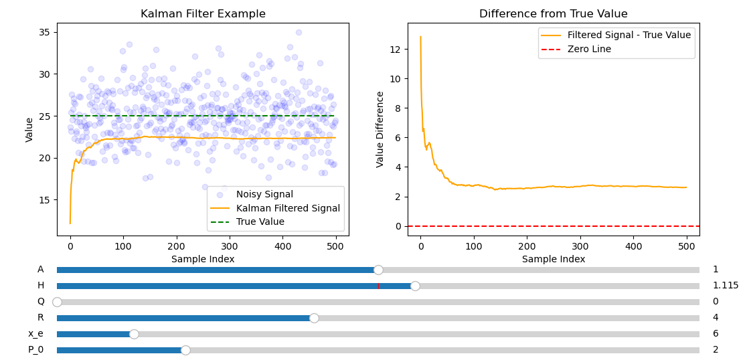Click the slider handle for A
[x=378, y=270]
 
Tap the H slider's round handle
[x=415, y=286]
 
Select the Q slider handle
[x=57, y=302]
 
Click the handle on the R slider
[x=314, y=318]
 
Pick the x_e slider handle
[x=134, y=334]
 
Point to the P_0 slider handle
[x=185, y=350]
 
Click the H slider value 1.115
[x=725, y=286]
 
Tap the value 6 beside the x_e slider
[x=716, y=334]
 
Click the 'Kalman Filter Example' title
[x=203, y=14]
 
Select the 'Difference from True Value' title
[x=553, y=14]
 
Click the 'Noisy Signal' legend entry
[x=264, y=195]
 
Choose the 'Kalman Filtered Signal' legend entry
[x=288, y=208]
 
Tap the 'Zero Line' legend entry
[x=589, y=49]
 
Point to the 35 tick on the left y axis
[x=44, y=32]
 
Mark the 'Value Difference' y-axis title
[x=380, y=129]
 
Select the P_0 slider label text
[x=35, y=350]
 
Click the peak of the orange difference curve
[x=420, y=37]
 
